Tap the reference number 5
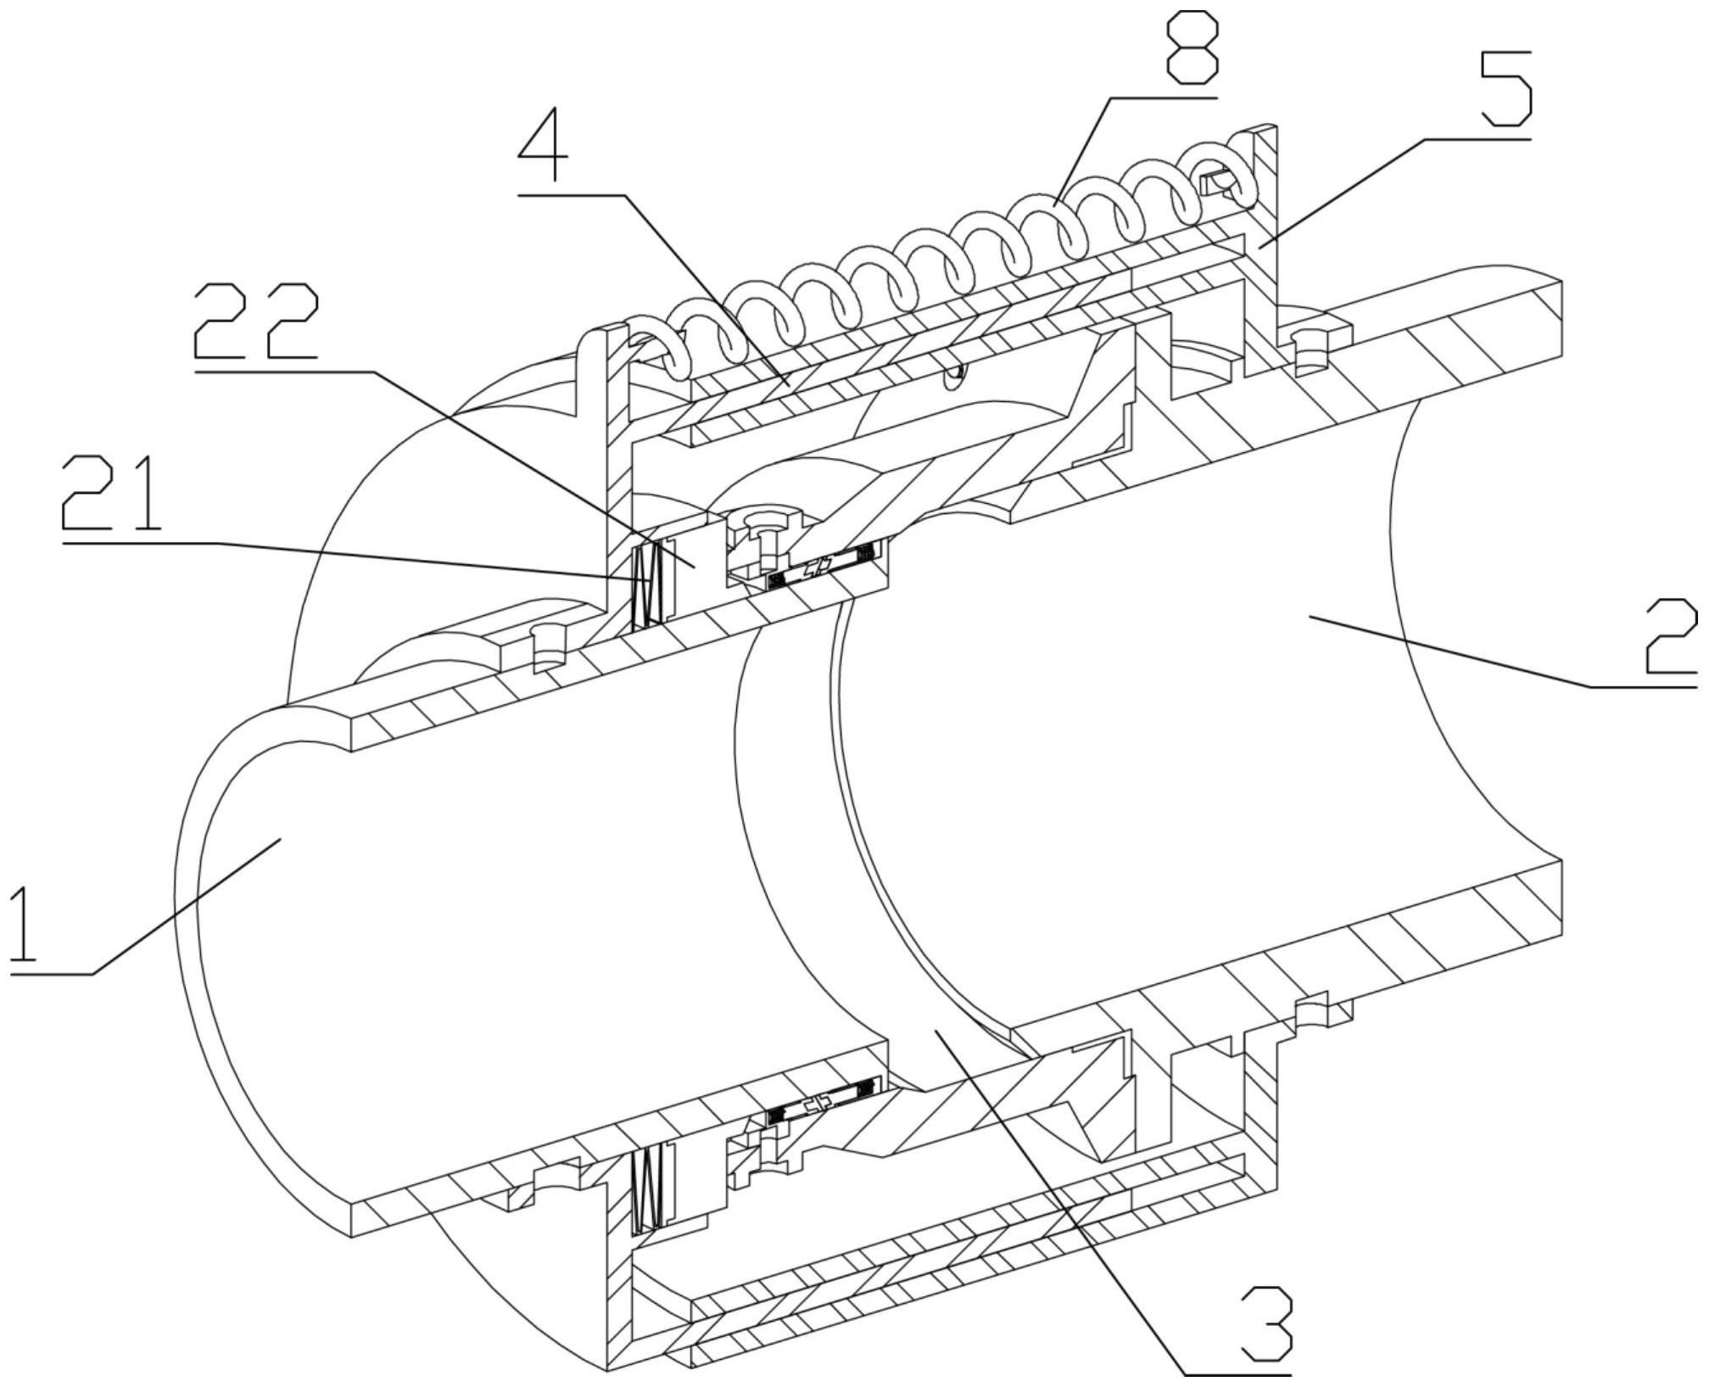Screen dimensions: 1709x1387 pyautogui.click(x=1505, y=87)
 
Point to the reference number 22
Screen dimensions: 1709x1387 pyautogui.click(x=256, y=321)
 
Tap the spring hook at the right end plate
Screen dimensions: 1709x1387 pyautogui.click(x=1218, y=181)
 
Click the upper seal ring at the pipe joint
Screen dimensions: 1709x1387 pyautogui.click(x=826, y=564)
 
